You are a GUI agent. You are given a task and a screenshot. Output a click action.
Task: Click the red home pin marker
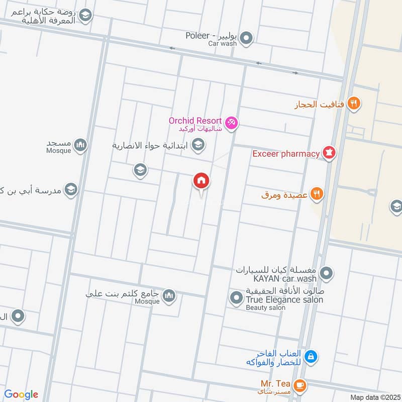pyautogui.click(x=202, y=180)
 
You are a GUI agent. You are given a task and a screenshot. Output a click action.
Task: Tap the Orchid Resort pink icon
pyautogui.click(x=231, y=122)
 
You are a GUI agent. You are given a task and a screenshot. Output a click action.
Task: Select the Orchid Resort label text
pyautogui.click(x=195, y=121)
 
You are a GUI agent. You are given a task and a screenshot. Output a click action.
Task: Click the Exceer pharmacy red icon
pyautogui.click(x=329, y=153)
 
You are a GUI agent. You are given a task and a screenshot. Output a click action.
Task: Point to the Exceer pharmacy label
pyautogui.click(x=286, y=153)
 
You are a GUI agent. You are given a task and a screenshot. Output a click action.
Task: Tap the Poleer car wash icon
pyautogui.click(x=246, y=38)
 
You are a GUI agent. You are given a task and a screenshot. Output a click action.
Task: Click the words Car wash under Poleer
pyautogui.click(x=222, y=44)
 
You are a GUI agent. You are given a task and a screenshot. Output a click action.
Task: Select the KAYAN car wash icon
pyautogui.click(x=327, y=274)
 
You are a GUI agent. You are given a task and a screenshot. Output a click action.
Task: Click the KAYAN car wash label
pyautogui.click(x=277, y=278)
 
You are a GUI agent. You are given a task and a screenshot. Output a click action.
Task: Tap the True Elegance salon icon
pyautogui.click(x=236, y=298)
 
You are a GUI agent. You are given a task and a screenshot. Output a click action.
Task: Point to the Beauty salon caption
pyautogui.click(x=266, y=308)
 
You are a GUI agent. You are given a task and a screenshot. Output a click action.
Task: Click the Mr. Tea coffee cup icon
pyautogui.click(x=300, y=385)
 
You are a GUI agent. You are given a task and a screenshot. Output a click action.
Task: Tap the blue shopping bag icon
pyautogui.click(x=311, y=357)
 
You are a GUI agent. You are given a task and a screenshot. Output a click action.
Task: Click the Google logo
pyautogui.click(x=21, y=394)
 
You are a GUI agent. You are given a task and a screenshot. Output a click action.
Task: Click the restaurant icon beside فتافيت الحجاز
pyautogui.click(x=354, y=104)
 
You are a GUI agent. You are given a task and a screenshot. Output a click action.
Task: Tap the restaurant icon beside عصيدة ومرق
pyautogui.click(x=317, y=193)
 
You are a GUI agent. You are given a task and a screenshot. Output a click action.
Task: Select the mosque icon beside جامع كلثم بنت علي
pyautogui.click(x=169, y=295)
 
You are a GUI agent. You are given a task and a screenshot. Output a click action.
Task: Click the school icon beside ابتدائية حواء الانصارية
pyautogui.click(x=198, y=145)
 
